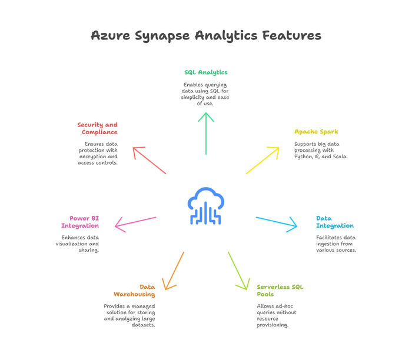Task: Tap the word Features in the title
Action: point(289,35)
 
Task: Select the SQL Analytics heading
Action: point(205,72)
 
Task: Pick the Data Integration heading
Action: point(334,222)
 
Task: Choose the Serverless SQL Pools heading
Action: point(280,290)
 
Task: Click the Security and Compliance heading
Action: point(97,128)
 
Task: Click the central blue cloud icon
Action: point(205,206)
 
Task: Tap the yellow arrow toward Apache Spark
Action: point(263,160)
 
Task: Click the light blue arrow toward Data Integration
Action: point(277,222)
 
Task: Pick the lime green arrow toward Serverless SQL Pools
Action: point(238,271)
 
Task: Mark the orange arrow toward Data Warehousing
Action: point(174,271)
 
